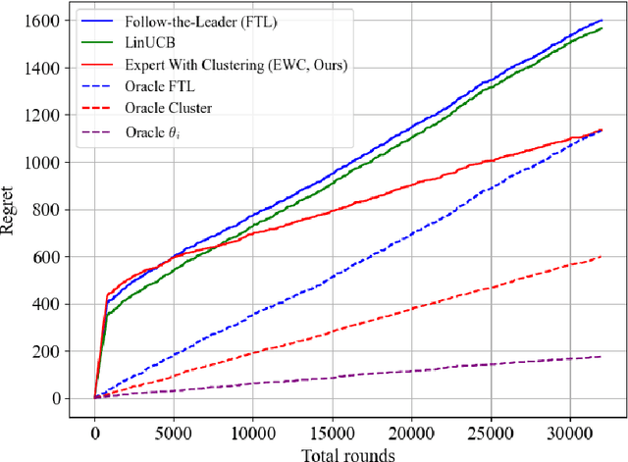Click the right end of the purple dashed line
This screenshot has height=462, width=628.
tap(601, 357)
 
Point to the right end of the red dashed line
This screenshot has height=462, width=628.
tap(601, 257)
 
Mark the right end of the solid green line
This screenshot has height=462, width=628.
tap(601, 28)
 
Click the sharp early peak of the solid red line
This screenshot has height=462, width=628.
tap(107, 294)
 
